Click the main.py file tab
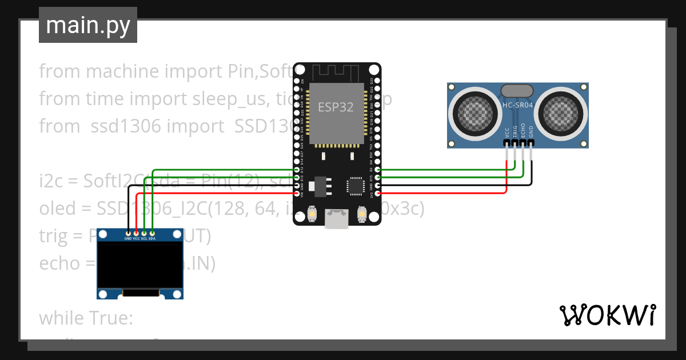[87, 25]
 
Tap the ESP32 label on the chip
[336, 107]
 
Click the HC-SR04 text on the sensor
[517, 105]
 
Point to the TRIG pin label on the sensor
[515, 133]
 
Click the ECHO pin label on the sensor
[523, 133]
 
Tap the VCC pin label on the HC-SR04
[507, 133]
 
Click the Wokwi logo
[607, 315]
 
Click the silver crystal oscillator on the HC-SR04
[517, 90]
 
